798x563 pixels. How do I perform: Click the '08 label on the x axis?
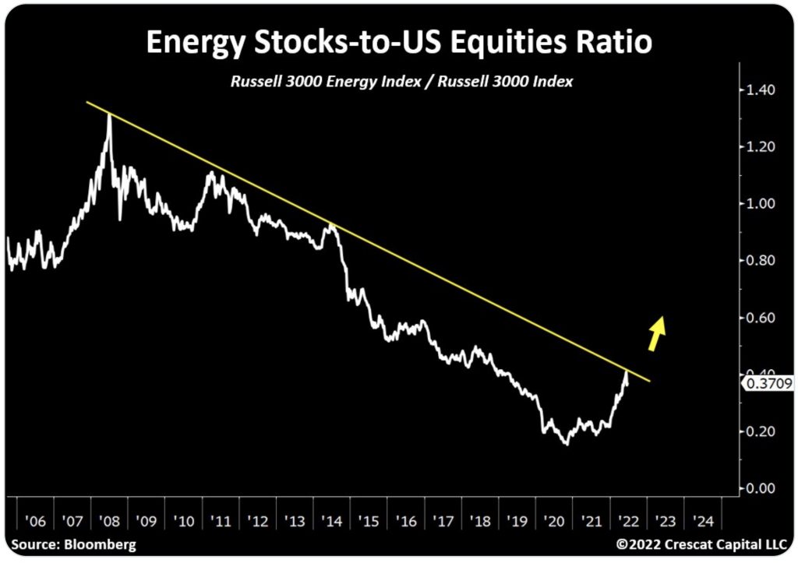point(109,520)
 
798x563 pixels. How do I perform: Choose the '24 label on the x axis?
point(702,520)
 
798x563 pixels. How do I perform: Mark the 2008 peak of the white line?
point(108,116)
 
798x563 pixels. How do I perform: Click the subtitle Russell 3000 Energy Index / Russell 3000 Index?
point(401,81)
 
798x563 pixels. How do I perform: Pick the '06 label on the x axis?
point(35,520)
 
